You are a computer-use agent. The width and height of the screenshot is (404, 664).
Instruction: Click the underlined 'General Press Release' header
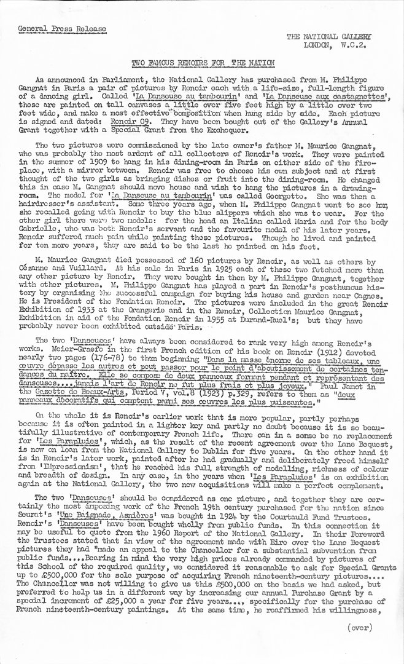pos(62,29)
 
